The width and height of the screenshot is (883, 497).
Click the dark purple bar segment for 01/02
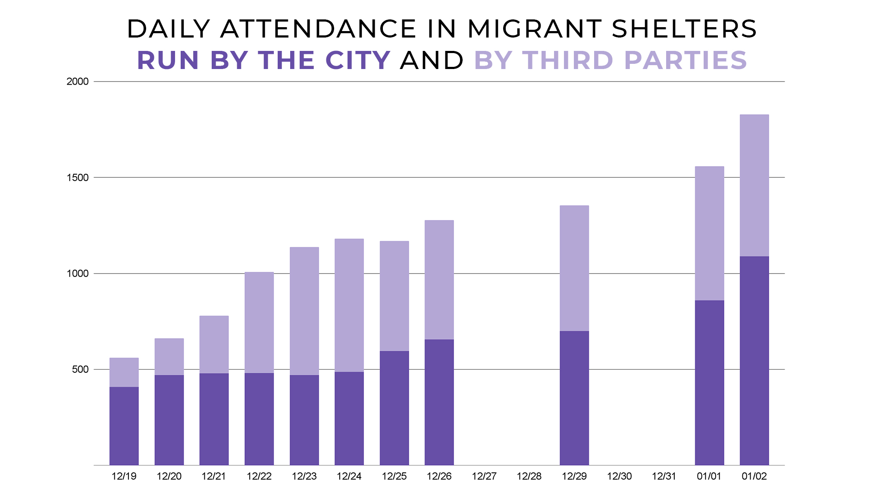coord(754,360)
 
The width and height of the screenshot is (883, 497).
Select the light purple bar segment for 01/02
coord(754,186)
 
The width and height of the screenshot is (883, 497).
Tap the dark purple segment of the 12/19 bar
coord(124,426)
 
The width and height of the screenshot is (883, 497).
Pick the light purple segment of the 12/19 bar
coord(124,372)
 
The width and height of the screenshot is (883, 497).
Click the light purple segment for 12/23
coord(304,311)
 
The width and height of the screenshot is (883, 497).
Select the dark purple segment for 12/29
coord(574,398)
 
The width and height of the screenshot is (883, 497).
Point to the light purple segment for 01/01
coord(709,233)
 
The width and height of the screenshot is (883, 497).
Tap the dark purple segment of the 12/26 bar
coord(439,402)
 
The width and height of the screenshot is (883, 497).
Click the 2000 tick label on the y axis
coord(78,82)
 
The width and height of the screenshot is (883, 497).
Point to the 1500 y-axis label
coord(78,178)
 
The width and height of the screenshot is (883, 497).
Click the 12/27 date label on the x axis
coord(484,476)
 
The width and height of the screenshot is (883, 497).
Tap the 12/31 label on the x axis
coord(664,476)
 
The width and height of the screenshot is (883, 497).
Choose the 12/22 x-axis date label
coord(259,476)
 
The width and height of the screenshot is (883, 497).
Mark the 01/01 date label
coord(709,476)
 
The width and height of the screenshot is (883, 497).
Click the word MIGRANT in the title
coord(535,29)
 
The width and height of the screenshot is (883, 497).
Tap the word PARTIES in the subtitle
coord(686,60)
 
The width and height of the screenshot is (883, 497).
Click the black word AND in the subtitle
coord(432,60)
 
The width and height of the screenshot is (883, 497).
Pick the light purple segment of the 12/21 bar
coord(214,344)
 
